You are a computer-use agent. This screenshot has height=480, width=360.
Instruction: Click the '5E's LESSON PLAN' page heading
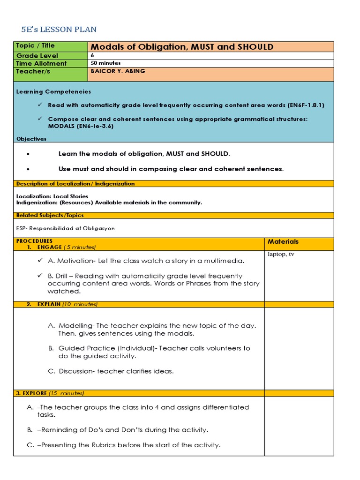(59, 30)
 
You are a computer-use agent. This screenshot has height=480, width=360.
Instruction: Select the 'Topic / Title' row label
(35, 46)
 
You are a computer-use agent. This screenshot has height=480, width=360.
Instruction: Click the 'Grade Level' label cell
(37, 56)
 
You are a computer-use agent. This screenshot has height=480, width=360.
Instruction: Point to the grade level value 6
(92, 55)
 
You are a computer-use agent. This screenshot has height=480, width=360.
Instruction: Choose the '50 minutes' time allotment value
(105, 63)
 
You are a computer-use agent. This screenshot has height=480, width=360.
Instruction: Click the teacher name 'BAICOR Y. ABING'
(118, 71)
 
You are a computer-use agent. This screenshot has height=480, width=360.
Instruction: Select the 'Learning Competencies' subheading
(53, 92)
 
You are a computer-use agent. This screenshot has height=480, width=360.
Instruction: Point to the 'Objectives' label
(31, 139)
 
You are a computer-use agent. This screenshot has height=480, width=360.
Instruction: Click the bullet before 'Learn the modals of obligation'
(29, 154)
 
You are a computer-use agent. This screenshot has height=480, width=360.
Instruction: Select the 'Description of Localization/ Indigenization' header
(75, 184)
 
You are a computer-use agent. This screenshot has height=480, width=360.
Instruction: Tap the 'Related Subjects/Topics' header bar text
(50, 215)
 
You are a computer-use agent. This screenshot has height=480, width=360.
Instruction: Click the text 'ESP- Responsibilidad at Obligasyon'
(65, 228)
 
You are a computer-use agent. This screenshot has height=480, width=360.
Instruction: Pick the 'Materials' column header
(283, 242)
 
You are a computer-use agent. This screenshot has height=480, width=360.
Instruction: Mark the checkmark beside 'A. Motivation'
(40, 260)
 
